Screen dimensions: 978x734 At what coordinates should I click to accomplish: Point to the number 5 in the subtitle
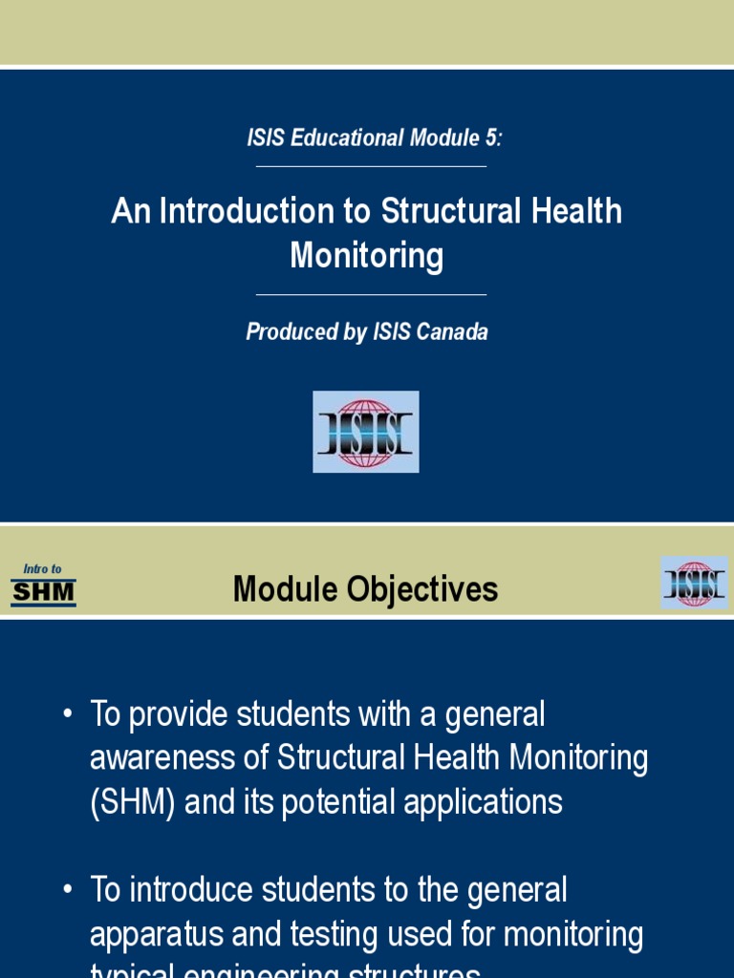click(x=491, y=138)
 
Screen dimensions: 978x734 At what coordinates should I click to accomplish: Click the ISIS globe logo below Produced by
click(x=366, y=432)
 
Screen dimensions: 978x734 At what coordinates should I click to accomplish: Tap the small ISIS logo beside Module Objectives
click(x=694, y=583)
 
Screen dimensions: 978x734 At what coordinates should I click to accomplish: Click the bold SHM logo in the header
click(x=43, y=593)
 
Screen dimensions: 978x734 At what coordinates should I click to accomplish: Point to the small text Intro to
click(x=42, y=569)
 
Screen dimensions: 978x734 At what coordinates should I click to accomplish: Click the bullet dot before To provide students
click(x=67, y=714)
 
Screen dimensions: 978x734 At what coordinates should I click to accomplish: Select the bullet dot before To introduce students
click(x=67, y=891)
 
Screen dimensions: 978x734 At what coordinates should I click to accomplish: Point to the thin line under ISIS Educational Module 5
click(x=371, y=166)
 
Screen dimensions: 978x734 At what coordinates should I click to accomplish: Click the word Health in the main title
click(x=571, y=211)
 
